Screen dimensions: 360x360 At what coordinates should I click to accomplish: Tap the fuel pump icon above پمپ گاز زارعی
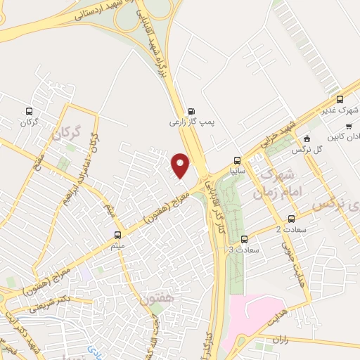(191, 110)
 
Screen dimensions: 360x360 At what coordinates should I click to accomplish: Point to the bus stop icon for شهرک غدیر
(340, 99)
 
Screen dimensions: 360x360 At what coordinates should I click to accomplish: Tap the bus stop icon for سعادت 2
(287, 219)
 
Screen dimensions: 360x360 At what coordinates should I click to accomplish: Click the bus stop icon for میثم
(117, 234)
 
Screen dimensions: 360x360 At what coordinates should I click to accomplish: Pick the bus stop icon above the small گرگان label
(28, 111)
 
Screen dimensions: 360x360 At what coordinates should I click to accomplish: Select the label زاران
(264, 340)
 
